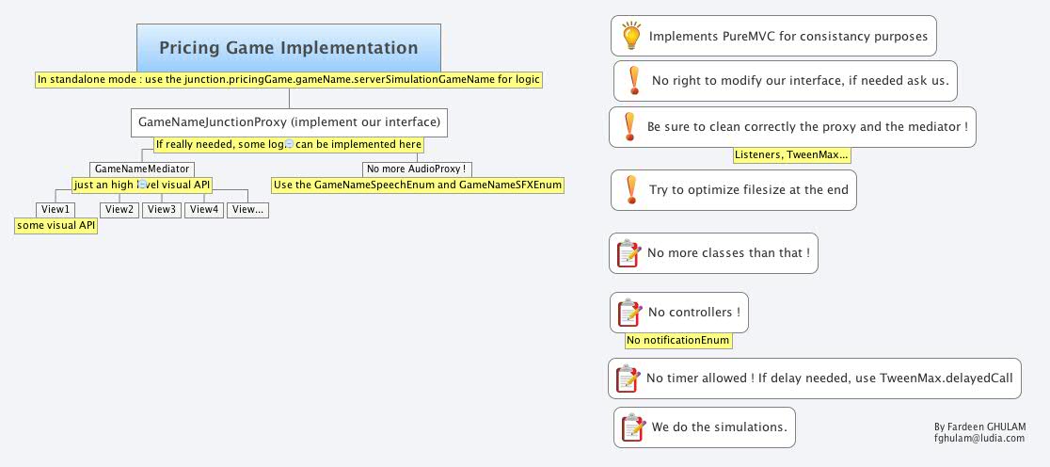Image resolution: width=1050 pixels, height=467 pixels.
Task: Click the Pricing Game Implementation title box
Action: (289, 48)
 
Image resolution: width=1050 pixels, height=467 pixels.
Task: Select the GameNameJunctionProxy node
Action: (289, 122)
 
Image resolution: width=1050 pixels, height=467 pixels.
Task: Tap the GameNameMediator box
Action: (142, 169)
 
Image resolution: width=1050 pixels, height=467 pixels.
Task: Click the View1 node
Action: (55, 209)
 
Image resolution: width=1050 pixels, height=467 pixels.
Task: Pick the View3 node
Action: (161, 209)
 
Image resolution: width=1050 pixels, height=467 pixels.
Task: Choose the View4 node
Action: (204, 209)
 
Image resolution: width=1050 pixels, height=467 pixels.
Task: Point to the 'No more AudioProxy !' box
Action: (417, 169)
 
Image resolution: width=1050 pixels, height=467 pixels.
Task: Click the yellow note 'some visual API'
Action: (56, 225)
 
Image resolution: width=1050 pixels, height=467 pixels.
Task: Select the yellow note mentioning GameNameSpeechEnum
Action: (418, 185)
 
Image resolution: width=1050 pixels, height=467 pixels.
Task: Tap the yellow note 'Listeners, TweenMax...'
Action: (791, 154)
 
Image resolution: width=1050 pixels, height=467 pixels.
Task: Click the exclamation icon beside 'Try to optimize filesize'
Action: (629, 189)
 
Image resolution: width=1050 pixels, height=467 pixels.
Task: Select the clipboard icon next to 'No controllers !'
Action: (628, 312)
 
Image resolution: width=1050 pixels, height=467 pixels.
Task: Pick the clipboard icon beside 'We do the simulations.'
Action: (630, 427)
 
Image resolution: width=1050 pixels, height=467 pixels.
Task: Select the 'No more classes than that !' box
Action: (713, 253)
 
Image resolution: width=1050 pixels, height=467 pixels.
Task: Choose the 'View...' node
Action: (247, 209)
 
